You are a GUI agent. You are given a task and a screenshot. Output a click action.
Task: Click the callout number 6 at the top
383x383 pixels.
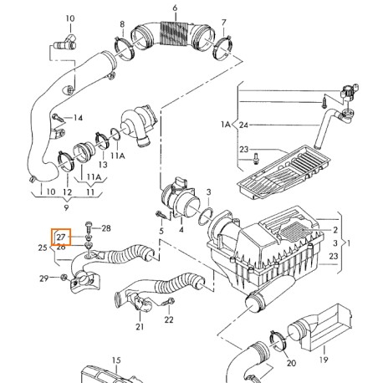pos(175,8)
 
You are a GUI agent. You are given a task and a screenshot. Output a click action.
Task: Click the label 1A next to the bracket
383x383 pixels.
pos(224,125)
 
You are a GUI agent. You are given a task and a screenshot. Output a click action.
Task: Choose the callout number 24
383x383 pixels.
pos(243,125)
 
